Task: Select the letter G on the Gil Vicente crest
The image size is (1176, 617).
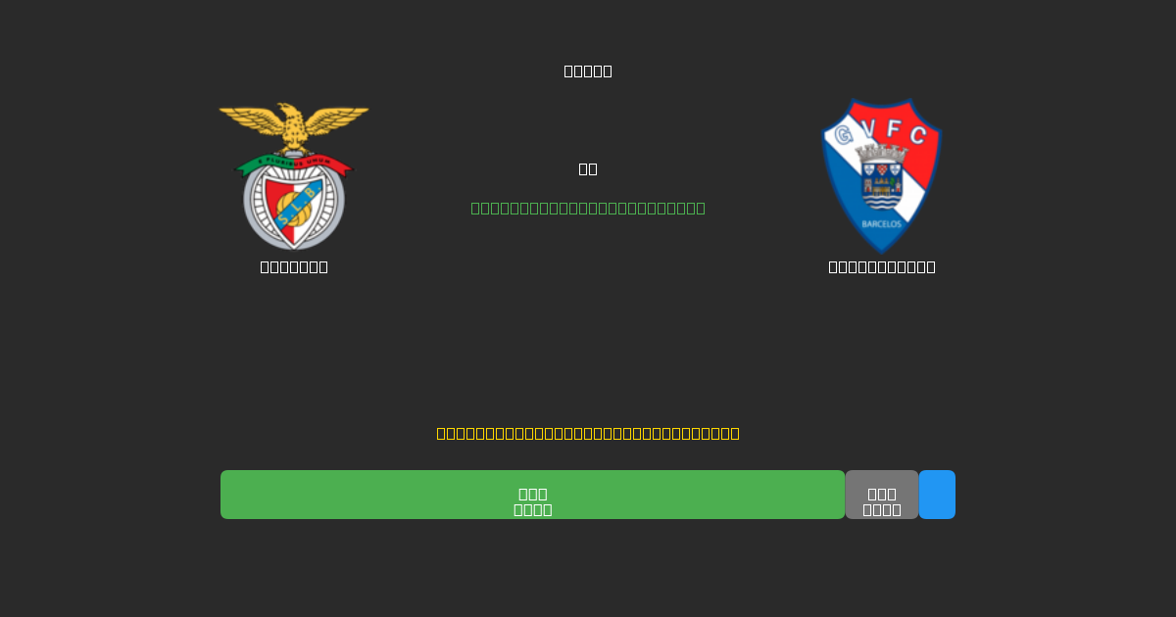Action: tap(843, 135)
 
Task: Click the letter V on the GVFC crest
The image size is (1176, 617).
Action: tap(868, 127)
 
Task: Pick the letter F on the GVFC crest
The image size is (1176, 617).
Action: tap(894, 127)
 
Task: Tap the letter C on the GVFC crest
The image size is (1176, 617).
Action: tap(918, 135)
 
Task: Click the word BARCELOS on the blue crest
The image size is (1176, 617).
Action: tap(881, 224)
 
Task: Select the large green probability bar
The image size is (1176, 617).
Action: tap(532, 495)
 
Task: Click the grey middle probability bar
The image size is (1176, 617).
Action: tap(881, 495)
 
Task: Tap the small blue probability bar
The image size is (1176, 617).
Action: tap(937, 495)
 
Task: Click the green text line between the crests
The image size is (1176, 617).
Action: tap(588, 208)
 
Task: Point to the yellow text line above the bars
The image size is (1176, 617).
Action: tap(588, 433)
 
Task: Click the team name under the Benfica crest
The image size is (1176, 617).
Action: tap(294, 266)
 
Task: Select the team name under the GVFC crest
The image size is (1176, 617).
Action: tap(881, 266)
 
